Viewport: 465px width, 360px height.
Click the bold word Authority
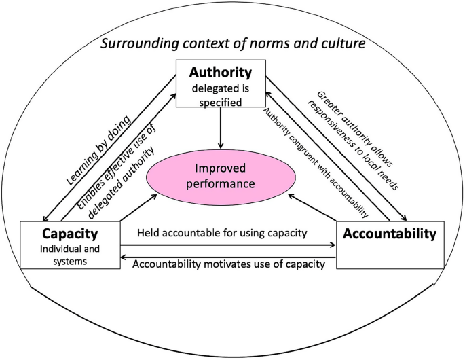point(221,73)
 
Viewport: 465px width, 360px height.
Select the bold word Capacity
point(70,234)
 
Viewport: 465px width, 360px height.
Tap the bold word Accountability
point(390,234)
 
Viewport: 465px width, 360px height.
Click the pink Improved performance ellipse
point(221,177)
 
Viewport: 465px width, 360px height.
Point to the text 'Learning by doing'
point(98,151)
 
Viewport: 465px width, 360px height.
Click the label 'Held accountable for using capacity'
point(222,233)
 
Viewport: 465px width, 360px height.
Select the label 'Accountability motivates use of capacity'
point(229,264)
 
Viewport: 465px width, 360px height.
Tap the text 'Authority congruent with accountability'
point(315,162)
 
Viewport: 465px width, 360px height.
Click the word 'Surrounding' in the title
point(140,44)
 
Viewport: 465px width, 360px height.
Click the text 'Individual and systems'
point(70,255)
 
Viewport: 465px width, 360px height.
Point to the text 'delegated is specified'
point(221,95)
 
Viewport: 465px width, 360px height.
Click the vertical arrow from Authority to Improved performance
point(221,128)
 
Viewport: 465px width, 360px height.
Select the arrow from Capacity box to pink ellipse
point(138,208)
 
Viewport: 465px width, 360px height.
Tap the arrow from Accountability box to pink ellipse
point(312,208)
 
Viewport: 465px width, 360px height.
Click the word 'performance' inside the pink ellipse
point(221,184)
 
